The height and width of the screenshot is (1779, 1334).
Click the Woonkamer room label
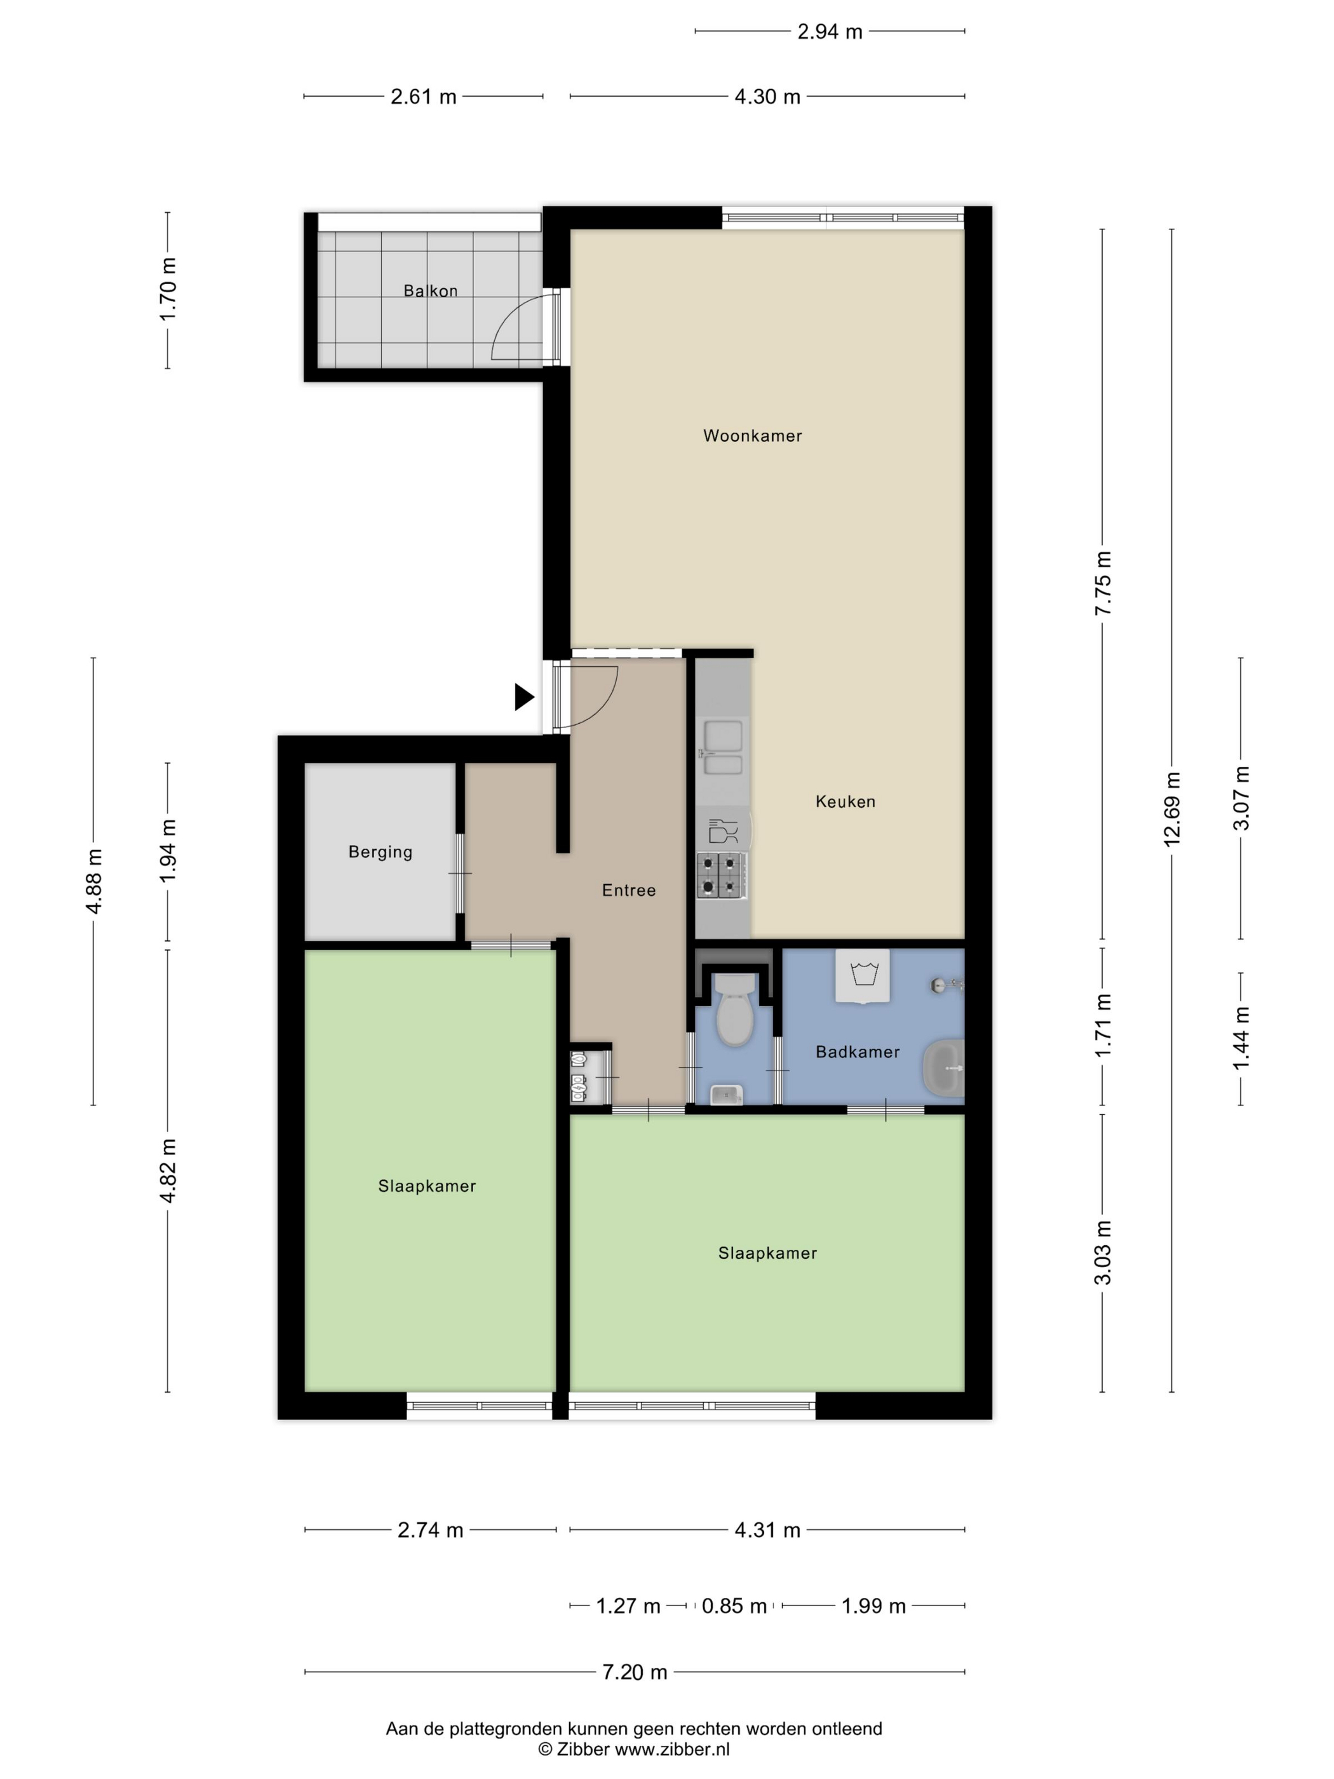tap(752, 436)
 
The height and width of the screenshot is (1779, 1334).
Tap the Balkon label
tap(430, 290)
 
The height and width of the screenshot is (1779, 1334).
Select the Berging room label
tap(381, 852)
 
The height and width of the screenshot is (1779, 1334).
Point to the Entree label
tap(629, 889)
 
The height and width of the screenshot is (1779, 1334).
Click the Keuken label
tap(845, 801)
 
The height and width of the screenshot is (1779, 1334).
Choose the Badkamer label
tap(857, 1051)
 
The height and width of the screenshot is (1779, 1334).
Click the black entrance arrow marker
tap(524, 696)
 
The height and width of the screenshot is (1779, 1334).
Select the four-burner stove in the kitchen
tap(721, 876)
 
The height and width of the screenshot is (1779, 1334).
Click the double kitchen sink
tap(723, 747)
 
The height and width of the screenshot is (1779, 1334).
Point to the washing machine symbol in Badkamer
tap(863, 975)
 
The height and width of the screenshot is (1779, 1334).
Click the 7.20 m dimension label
tap(635, 1672)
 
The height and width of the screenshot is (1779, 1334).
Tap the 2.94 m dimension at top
tap(830, 31)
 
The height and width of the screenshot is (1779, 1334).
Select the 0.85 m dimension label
tap(734, 1606)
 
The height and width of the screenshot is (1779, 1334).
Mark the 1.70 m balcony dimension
tap(167, 290)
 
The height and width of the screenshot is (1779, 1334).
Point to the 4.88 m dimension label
tap(93, 881)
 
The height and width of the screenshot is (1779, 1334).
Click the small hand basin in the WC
tap(727, 1095)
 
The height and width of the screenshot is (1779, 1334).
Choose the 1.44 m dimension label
tap(1241, 1038)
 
